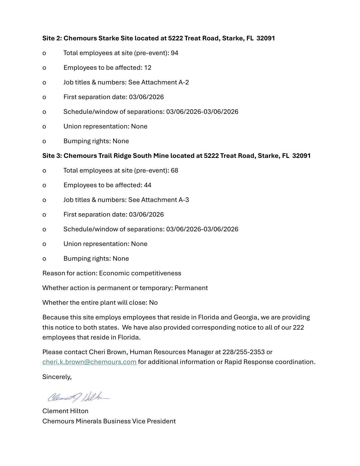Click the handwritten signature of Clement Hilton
point(78,397)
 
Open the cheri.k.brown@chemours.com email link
point(89,362)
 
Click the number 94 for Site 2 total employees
point(174,53)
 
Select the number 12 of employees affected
point(148,67)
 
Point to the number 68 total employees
point(174,170)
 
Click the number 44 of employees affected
point(148,185)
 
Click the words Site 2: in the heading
point(52,38)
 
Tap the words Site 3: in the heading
point(52,156)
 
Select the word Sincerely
point(56,377)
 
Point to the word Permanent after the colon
point(191,288)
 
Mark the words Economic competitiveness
point(140,273)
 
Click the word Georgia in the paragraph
point(245,317)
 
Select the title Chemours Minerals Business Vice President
point(109,421)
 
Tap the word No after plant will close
point(153,302)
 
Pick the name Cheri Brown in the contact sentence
point(108,352)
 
